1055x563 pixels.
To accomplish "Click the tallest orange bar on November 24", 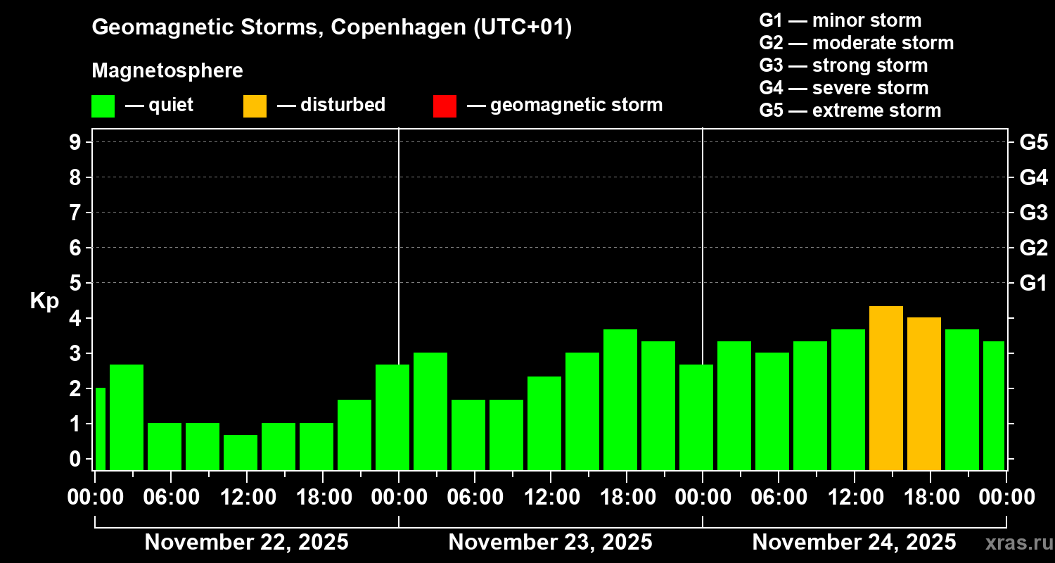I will click(886, 388).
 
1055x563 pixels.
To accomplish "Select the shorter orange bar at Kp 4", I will click(924, 393).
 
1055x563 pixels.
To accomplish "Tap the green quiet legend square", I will click(103, 106).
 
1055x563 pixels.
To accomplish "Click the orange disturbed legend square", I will click(255, 106).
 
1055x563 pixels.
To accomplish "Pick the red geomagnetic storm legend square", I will click(445, 106).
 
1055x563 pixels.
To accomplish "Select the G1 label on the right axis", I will click(1033, 283).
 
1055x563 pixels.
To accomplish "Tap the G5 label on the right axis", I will click(1033, 142).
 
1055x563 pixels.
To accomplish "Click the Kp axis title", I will click(44, 301).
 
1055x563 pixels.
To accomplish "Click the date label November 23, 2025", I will click(550, 542).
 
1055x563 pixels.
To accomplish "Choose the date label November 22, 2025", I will click(246, 542).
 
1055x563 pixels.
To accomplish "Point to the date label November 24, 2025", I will click(854, 542).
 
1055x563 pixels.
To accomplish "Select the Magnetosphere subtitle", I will click(167, 71).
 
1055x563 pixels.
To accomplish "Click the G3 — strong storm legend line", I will click(843, 65).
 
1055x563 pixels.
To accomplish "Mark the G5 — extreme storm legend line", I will click(850, 110).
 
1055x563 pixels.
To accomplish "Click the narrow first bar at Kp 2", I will click(100, 429).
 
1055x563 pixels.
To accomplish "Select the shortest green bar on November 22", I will click(241, 452).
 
